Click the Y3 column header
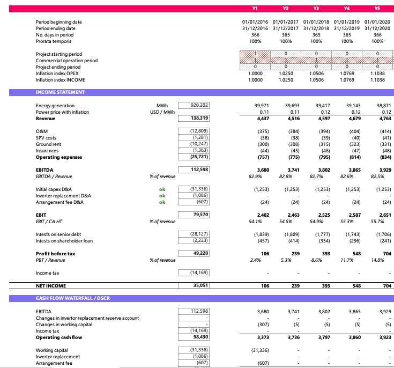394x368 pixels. (x=316, y=8)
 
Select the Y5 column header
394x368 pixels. (x=377, y=8)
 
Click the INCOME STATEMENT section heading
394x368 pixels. (x=60, y=92)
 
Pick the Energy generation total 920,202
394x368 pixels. (x=199, y=106)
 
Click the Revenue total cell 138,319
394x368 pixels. (x=199, y=118)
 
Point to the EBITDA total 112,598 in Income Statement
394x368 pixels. (x=199, y=170)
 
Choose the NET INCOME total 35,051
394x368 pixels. (x=200, y=286)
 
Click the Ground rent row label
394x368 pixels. (x=48, y=144)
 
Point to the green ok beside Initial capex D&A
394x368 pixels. (x=162, y=189)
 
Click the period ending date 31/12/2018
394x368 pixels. (x=316, y=28)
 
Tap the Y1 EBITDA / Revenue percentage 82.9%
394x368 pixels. (x=255, y=176)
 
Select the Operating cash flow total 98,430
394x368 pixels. (x=200, y=337)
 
